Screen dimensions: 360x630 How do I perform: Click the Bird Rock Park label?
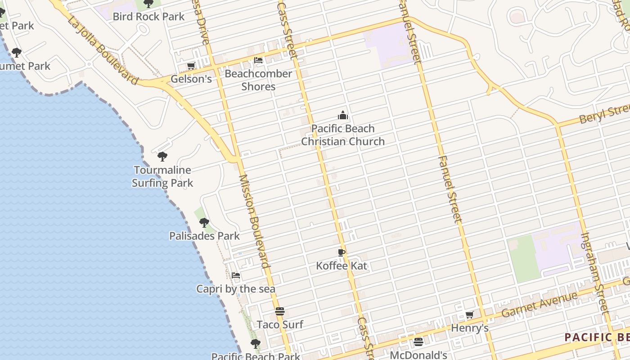coord(148,17)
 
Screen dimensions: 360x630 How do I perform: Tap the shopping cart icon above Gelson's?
coord(191,66)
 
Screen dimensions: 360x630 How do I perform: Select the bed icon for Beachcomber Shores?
coord(258,60)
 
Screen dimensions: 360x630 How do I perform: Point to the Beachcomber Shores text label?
coord(258,80)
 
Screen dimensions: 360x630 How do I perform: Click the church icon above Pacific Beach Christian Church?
coord(343,116)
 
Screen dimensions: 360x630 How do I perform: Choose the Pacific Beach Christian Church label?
coord(343,135)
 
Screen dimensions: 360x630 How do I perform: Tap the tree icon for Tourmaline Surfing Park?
coord(162,157)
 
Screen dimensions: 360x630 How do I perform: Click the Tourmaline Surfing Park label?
coord(162,176)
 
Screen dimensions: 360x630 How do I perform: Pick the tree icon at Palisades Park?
coord(204,222)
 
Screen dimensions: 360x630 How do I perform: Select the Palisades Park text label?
coord(204,236)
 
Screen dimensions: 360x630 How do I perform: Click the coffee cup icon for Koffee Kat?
coord(342,252)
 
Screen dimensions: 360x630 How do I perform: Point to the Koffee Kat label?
coord(342,266)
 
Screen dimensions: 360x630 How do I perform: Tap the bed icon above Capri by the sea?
coord(235,275)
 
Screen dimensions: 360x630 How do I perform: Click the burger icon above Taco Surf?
coord(280,311)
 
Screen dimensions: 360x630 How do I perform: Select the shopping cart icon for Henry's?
coord(469,315)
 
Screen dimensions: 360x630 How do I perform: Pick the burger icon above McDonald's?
coord(418,342)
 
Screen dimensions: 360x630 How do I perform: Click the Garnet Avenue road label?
coord(539,304)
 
